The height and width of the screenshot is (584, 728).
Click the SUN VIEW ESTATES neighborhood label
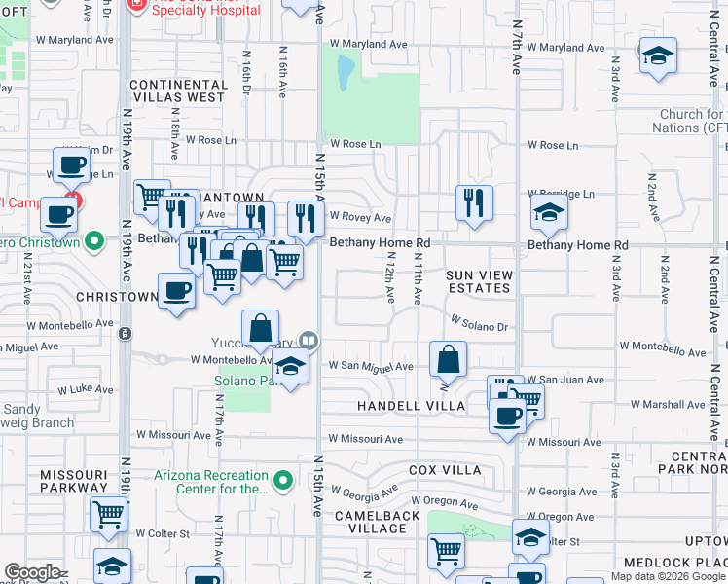coord(478,282)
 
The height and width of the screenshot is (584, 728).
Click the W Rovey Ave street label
coord(360,218)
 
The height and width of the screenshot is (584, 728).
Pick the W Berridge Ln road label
coord(560,194)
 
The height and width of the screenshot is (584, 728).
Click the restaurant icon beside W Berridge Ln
coord(473,203)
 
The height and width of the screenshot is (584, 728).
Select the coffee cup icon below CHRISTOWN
coord(176,290)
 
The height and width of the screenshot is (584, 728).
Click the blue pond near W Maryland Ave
coord(345,70)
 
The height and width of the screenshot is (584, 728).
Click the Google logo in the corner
coord(32,572)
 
